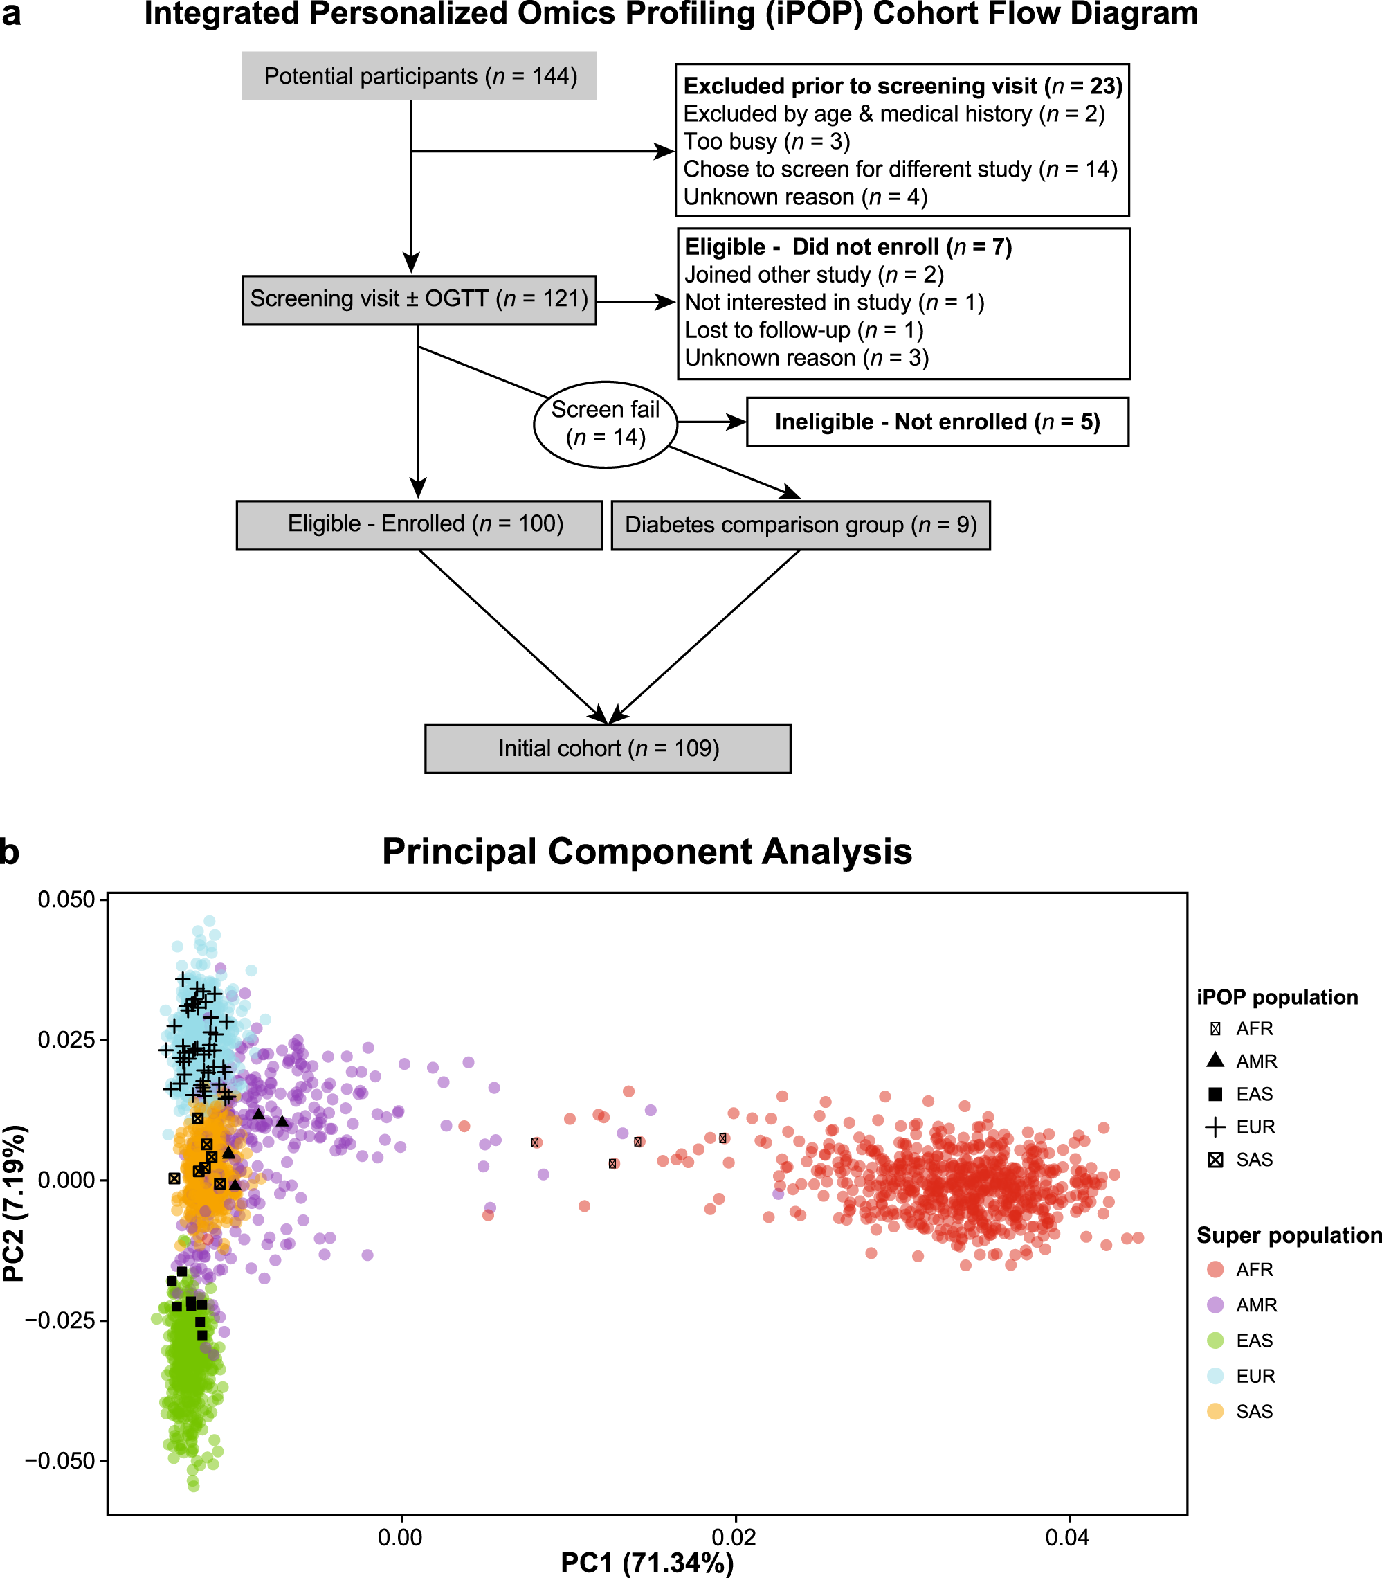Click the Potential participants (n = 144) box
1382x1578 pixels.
(x=419, y=75)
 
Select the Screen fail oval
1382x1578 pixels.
(x=606, y=424)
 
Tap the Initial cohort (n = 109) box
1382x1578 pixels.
(x=608, y=748)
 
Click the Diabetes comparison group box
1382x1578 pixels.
(x=801, y=525)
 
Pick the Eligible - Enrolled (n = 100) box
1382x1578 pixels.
(x=419, y=525)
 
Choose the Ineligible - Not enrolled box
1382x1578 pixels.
(x=937, y=422)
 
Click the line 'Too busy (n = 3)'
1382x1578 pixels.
(x=767, y=141)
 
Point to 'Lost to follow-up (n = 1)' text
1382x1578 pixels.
(x=803, y=330)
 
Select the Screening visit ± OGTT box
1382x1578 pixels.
(x=419, y=299)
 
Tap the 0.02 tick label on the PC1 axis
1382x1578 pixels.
(x=734, y=1538)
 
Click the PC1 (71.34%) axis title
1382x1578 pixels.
(x=646, y=1563)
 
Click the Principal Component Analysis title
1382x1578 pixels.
(x=646, y=852)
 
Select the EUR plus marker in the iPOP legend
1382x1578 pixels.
(x=1215, y=1127)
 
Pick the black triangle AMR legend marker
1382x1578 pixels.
(x=1215, y=1060)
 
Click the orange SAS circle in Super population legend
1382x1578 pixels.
(x=1215, y=1411)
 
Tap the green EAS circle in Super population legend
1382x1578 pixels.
(x=1215, y=1341)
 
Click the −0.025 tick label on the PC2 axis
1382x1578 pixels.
(x=60, y=1320)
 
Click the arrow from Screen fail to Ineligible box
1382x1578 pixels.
(x=711, y=422)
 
